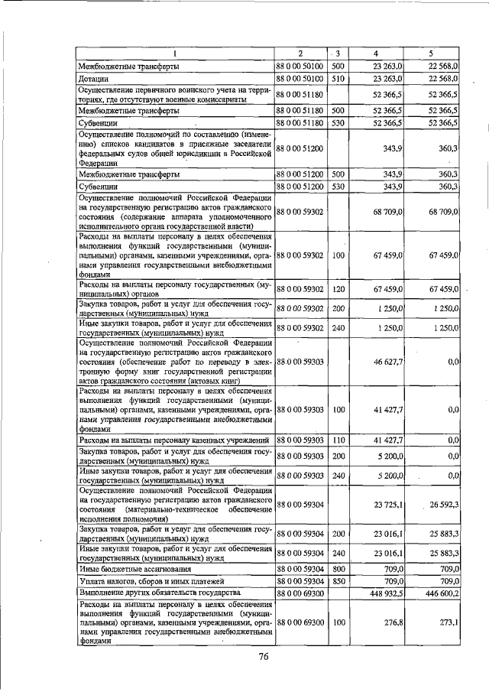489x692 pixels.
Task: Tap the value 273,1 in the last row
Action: [447, 623]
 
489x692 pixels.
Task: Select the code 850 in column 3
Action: [339, 581]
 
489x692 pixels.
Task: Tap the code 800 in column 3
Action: [339, 570]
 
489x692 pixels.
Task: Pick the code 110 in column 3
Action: [339, 440]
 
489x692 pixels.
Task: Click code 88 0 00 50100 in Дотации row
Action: [300, 79]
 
